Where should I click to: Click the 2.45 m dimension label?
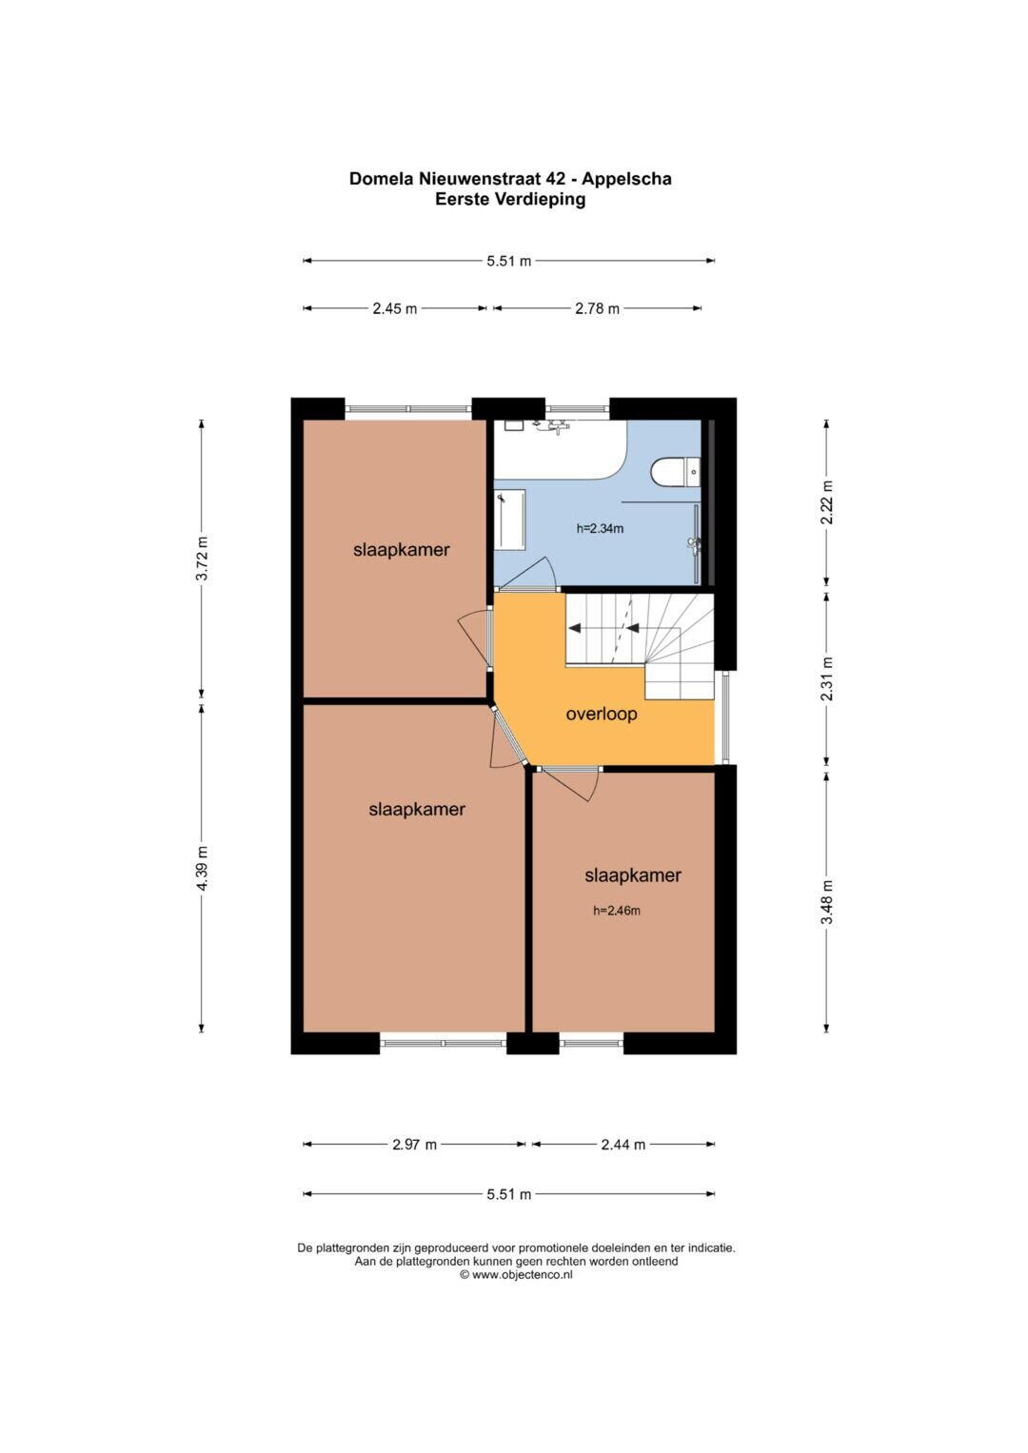coord(395,308)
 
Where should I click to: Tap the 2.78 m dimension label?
coord(597,308)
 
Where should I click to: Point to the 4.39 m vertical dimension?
coord(202,868)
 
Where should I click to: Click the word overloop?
coord(602,715)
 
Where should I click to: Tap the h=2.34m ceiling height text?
coord(600,529)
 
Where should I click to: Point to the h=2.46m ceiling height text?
coord(617,911)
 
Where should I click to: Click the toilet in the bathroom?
coord(676,472)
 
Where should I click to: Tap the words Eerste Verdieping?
coord(510,199)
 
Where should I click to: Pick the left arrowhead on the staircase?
coord(574,628)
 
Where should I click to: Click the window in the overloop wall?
coord(726,717)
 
